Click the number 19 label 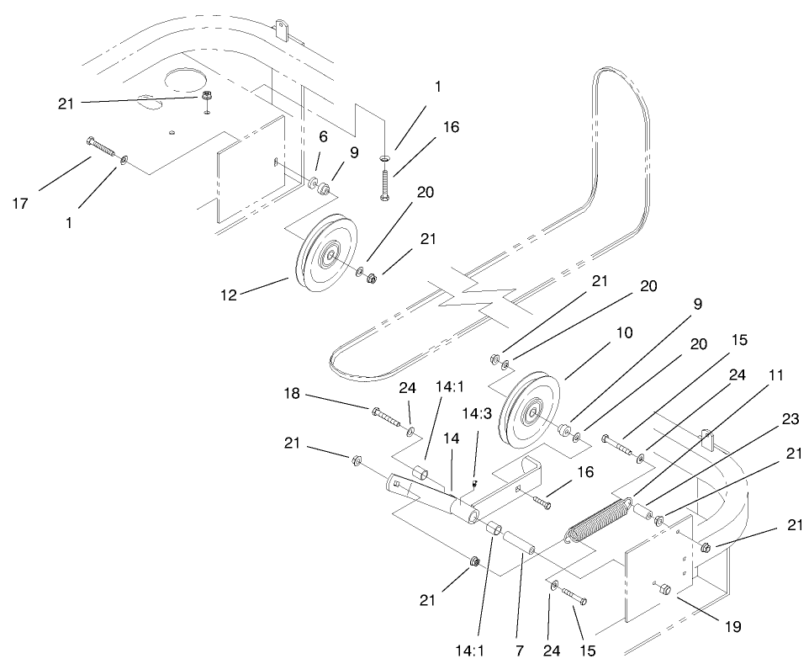coord(730,625)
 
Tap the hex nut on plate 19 coord(662,589)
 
